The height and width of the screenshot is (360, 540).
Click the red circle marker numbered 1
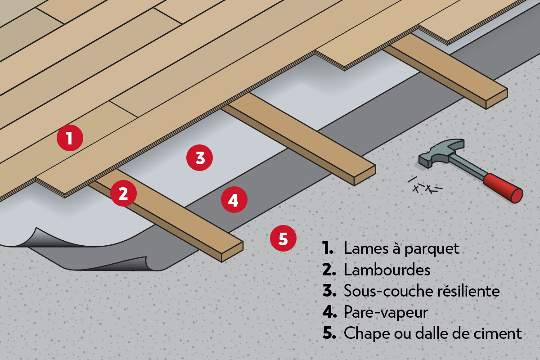tap(70, 138)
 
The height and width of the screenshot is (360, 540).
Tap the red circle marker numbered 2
tap(123, 193)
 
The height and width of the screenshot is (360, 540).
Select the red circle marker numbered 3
tap(200, 158)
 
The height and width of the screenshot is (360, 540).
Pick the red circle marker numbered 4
tap(234, 200)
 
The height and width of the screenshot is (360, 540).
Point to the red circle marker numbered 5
tap(283, 238)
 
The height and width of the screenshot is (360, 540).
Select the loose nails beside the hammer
tap(425, 186)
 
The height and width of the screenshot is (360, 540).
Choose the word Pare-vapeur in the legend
tap(385, 312)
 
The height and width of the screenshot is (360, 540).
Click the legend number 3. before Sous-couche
tap(329, 291)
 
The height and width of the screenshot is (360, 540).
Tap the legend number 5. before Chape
tap(329, 333)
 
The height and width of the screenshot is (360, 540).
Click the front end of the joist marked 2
tap(232, 252)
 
